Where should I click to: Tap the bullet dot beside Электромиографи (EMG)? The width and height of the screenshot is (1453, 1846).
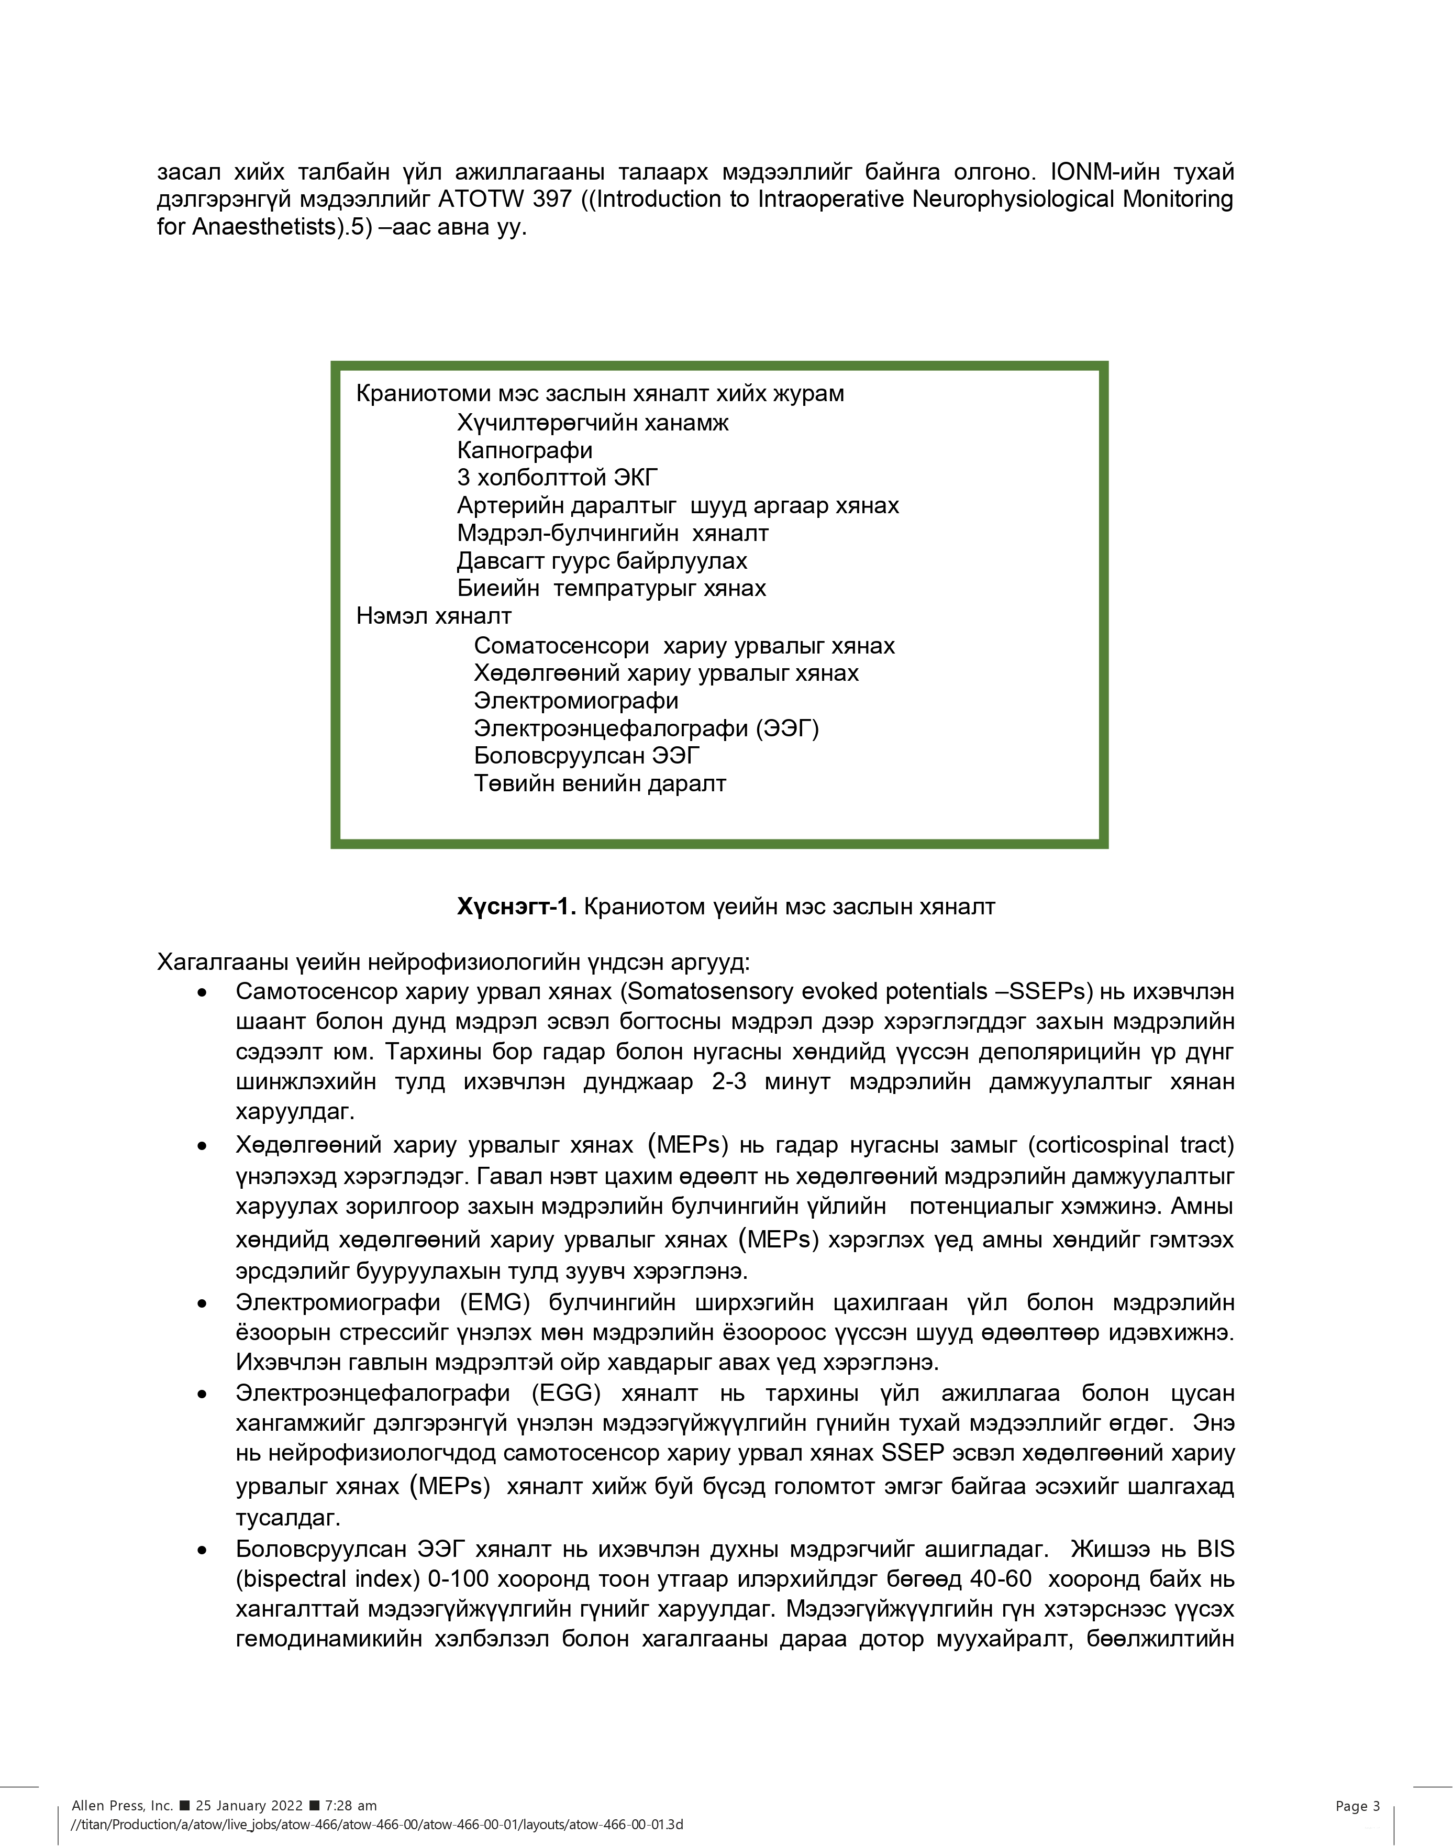click(x=202, y=1303)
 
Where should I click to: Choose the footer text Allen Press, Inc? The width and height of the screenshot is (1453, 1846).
click(x=123, y=1805)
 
